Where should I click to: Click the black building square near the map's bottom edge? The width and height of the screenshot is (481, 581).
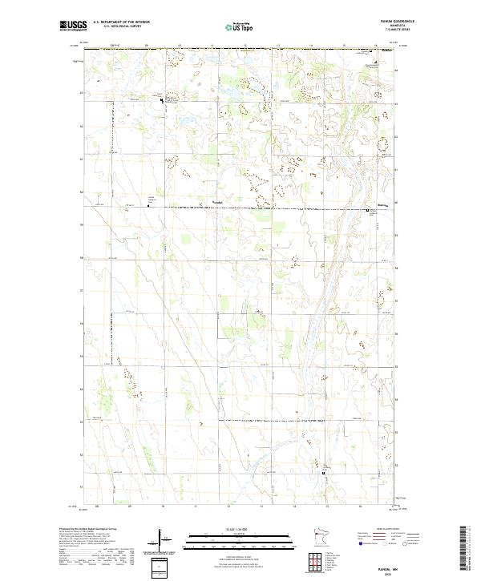point(324,473)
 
